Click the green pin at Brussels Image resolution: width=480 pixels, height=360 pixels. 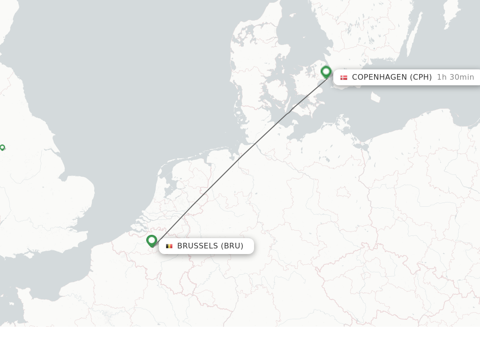click(x=151, y=240)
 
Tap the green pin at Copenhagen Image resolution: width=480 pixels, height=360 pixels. click(x=326, y=72)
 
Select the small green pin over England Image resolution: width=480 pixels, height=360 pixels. click(x=2, y=148)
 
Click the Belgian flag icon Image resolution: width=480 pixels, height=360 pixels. click(x=169, y=246)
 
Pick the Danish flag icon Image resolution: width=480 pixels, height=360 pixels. click(x=344, y=77)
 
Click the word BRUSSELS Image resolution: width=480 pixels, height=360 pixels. click(x=197, y=246)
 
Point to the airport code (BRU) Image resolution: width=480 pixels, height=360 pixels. click(x=232, y=246)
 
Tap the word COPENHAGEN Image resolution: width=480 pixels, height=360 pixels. click(x=379, y=77)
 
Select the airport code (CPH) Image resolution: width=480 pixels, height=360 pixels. click(x=421, y=77)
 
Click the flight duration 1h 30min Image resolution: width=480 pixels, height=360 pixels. click(x=455, y=77)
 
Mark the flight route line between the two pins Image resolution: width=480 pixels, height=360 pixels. click(x=239, y=159)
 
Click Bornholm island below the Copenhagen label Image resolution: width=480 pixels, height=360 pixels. click(x=375, y=97)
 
